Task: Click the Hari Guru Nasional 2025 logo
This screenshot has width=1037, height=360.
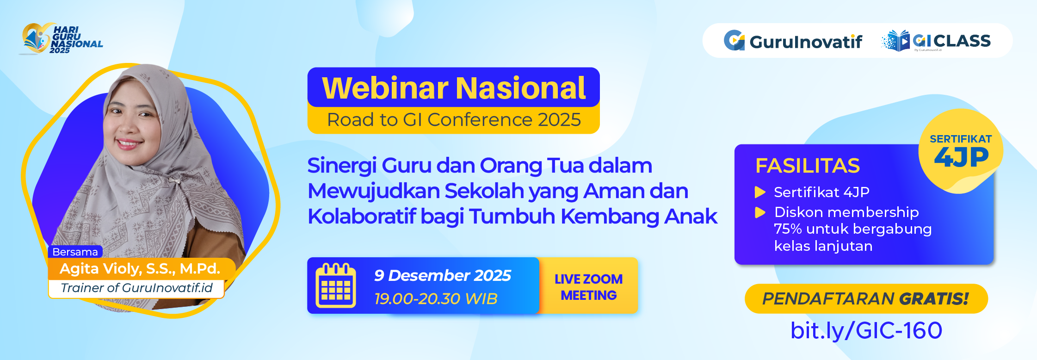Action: click(61, 39)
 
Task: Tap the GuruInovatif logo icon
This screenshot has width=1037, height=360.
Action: click(734, 41)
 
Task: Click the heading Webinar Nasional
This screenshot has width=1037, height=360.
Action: click(454, 88)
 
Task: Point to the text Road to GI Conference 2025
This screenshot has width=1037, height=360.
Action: click(454, 120)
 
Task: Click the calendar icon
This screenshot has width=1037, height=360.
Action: click(335, 286)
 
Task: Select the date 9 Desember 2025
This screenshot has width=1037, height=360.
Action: click(443, 275)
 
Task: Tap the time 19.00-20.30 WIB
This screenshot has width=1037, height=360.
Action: click(436, 298)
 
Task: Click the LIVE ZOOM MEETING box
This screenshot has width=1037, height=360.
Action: click(588, 286)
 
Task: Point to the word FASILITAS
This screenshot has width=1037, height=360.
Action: click(807, 166)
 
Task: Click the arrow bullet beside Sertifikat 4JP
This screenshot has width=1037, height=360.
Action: click(760, 192)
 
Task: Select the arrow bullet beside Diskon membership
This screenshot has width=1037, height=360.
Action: click(760, 212)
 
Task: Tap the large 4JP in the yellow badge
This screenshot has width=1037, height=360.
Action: click(961, 158)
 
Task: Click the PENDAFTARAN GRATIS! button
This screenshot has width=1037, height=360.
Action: click(866, 298)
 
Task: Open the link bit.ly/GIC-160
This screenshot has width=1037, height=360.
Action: click(866, 330)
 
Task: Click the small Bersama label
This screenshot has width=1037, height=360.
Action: click(75, 252)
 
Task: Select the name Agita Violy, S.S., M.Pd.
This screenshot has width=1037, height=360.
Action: click(140, 269)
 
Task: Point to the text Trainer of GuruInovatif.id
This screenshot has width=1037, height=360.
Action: click(136, 288)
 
